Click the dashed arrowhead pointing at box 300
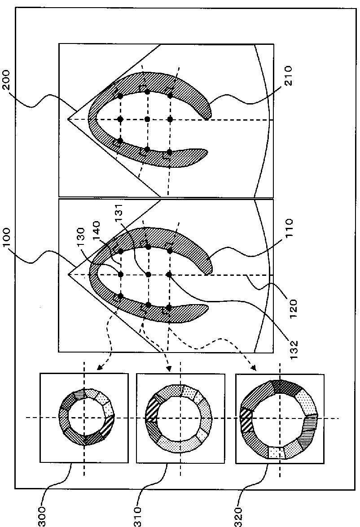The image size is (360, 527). coord(99,367)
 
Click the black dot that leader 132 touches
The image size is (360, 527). coord(169,274)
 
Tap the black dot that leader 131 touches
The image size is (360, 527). coord(148,274)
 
